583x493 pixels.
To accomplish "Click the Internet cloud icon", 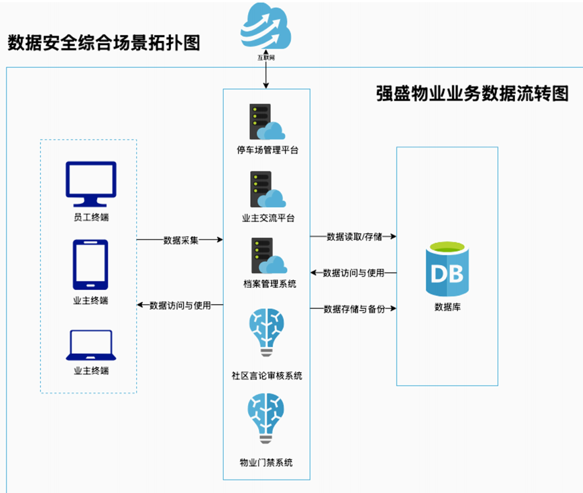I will (x=266, y=27).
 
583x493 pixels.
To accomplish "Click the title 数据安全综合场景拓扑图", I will (x=104, y=42).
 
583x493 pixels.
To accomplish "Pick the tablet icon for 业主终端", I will (x=90, y=264).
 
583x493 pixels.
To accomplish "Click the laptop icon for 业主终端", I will (x=89, y=345).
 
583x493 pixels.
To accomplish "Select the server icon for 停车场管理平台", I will (x=267, y=122).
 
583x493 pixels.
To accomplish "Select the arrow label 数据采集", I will (x=180, y=240).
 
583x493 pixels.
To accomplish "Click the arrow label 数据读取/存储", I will (x=354, y=237).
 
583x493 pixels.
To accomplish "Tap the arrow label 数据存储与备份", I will (x=354, y=309).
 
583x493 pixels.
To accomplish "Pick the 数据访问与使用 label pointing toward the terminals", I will (x=180, y=306).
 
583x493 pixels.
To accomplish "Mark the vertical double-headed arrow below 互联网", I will (x=266, y=77).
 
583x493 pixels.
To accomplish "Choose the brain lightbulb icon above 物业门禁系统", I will (x=266, y=419).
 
